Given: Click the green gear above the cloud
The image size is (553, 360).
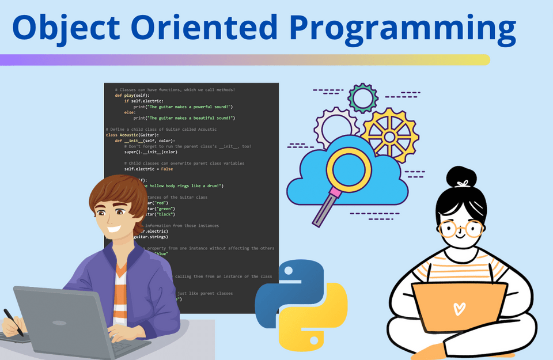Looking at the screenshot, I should pyautogui.click(x=363, y=98).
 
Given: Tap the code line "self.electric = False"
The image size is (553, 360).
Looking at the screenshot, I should pyautogui.click(x=148, y=169).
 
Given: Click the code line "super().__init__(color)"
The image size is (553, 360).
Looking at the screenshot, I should pyautogui.click(x=150, y=152).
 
